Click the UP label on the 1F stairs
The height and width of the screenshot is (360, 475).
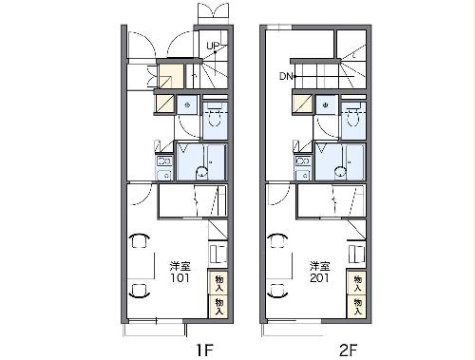pos(213,46)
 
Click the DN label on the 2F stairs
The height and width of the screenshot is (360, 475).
pos(286,76)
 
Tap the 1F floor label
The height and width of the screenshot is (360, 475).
pos(204,350)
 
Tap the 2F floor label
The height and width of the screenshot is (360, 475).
pos(348,350)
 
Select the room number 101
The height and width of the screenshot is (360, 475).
pos(180,278)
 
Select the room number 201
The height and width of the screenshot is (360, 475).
pos(319,278)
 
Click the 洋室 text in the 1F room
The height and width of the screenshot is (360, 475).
pos(180,266)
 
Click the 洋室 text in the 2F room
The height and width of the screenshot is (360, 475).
pos(320,266)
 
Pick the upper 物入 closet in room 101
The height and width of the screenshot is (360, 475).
pos(218,283)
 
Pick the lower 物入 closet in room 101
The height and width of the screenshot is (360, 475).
pos(218,307)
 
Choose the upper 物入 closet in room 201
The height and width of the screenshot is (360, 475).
pos(357,283)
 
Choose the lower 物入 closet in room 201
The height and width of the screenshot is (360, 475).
pos(357,307)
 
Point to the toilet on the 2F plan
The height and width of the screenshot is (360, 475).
pos(353,116)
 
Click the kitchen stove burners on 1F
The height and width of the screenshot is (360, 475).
pos(164,161)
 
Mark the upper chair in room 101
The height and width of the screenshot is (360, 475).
pos(140,240)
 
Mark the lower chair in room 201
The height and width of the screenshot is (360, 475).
pos(278,291)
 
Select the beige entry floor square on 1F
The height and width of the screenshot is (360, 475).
pos(171,76)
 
